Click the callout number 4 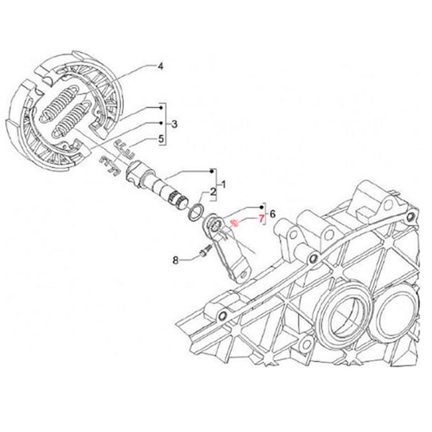click(161, 67)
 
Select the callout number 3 click(174, 124)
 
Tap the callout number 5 click(161, 138)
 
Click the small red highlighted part click(234, 224)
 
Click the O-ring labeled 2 click(196, 212)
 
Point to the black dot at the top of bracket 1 click(212, 171)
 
